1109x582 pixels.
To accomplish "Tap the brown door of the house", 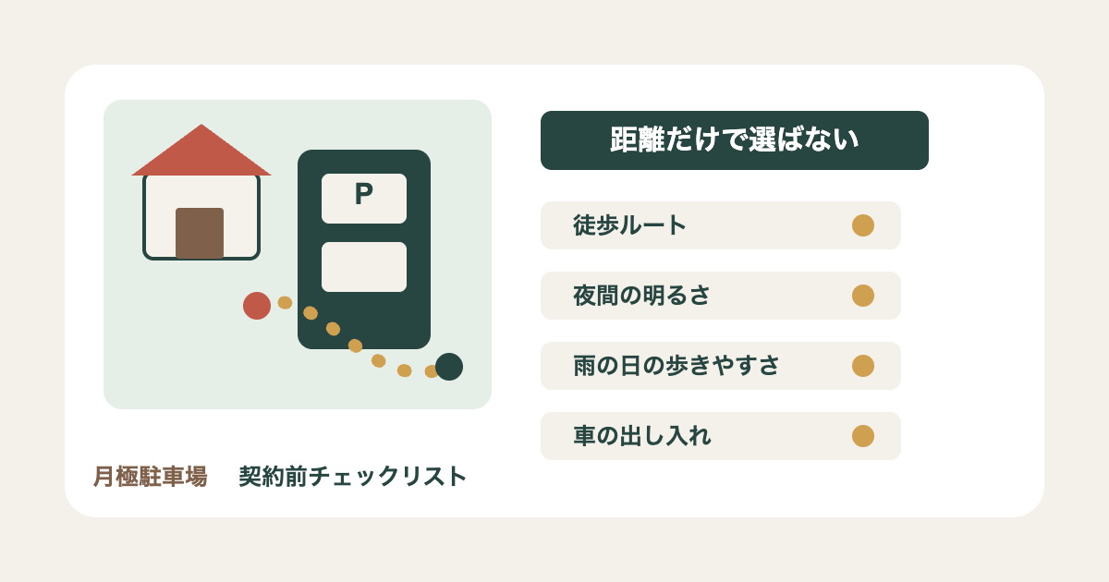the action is (200, 233).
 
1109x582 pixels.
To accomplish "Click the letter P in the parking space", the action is (364, 193).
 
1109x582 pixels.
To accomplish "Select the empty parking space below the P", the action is (364, 267).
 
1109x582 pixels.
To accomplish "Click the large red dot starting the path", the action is (257, 306).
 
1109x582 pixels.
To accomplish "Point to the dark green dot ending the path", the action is (449, 367).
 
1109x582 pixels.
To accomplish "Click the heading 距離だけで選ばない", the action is (734, 139).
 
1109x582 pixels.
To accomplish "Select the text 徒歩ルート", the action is (629, 225).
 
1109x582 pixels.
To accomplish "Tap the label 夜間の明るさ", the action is (641, 296).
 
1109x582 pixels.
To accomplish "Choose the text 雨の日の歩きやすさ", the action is (676, 366).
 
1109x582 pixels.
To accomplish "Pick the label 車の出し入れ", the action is (642, 436).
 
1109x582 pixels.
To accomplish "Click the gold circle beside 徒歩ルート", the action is (863, 225).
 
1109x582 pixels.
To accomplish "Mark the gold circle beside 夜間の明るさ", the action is (863, 296).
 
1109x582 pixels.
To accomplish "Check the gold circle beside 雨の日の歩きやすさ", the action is (863, 366).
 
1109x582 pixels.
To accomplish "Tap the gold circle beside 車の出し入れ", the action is (863, 436).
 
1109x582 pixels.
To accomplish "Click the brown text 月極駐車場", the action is (150, 477).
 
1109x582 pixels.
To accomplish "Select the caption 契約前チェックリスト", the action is (353, 477).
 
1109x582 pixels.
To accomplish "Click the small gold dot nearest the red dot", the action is (285, 302).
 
